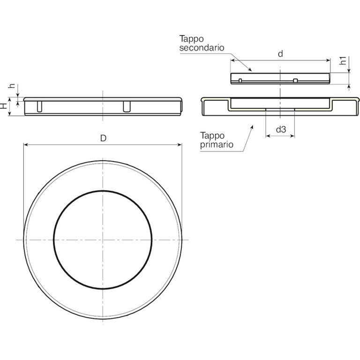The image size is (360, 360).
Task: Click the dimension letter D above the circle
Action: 103,138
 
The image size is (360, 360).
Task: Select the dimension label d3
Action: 280,129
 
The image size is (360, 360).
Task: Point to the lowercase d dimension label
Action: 280,54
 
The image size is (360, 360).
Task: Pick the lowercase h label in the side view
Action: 13,87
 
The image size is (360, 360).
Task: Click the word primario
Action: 217,145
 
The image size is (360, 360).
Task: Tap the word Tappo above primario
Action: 212,136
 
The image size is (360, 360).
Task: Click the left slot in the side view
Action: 39,107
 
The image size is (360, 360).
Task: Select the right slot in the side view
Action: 127,107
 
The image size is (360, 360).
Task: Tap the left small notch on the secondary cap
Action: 240,81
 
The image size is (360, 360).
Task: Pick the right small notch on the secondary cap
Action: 295,81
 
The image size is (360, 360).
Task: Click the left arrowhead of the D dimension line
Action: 26,145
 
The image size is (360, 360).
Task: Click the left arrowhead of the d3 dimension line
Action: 268,136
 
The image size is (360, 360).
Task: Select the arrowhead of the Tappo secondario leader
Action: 251,70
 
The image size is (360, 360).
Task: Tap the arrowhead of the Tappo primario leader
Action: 252,126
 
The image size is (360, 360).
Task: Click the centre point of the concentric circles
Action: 102,240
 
